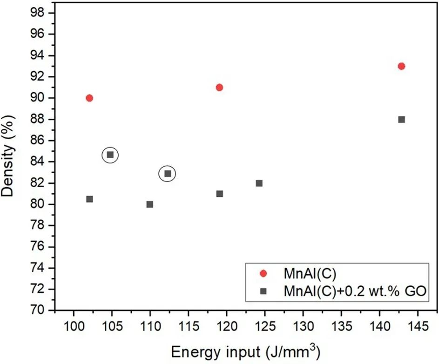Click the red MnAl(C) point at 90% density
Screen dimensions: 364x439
[89, 98]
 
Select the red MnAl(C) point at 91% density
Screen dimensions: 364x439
[219, 88]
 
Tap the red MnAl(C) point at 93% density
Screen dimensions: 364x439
[401, 66]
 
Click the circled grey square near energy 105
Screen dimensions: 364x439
[110, 155]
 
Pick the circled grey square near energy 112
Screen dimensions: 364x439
[168, 174]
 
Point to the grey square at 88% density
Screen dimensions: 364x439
[401, 119]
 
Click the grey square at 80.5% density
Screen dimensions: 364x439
[89, 199]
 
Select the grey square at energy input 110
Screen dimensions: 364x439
[150, 204]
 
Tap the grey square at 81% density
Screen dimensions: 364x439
[219, 194]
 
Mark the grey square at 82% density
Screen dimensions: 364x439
[259, 183]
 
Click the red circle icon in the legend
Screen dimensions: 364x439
[263, 274]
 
